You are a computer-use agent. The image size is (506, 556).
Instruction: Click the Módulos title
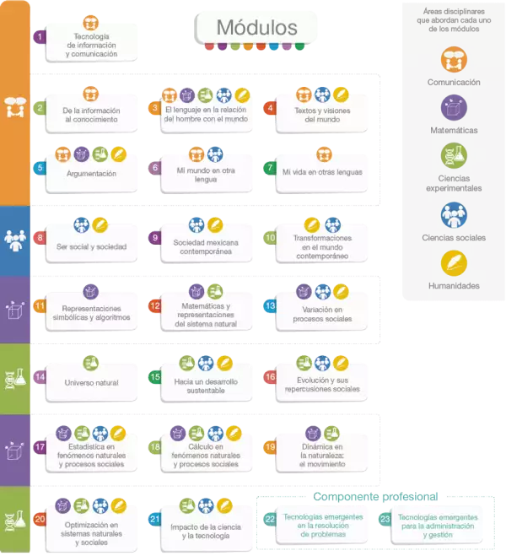pyautogui.click(x=256, y=28)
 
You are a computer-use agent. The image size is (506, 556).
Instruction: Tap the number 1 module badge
pyautogui.click(x=39, y=37)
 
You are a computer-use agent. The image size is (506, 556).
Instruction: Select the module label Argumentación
pyautogui.click(x=91, y=173)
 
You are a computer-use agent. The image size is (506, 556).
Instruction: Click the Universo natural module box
pyautogui.click(x=91, y=382)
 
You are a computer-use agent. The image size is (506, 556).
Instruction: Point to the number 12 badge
pyautogui.click(x=154, y=306)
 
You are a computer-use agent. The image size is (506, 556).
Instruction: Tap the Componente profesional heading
pyautogui.click(x=374, y=497)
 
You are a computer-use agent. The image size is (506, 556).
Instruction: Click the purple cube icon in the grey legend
pyautogui.click(x=454, y=107)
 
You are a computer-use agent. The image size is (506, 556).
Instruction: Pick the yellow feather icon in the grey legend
pyautogui.click(x=454, y=262)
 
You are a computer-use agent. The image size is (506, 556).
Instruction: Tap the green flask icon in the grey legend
pyautogui.click(x=454, y=155)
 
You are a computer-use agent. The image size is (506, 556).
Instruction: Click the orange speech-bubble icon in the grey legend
pyautogui.click(x=454, y=58)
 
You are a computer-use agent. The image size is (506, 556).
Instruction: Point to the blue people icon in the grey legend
pyautogui.click(x=454, y=213)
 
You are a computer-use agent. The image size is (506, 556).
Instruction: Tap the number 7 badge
pyautogui.click(x=270, y=167)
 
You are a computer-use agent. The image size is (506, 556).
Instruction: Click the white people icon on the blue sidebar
pyautogui.click(x=15, y=237)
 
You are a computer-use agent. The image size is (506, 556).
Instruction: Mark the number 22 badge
pyautogui.click(x=271, y=518)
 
